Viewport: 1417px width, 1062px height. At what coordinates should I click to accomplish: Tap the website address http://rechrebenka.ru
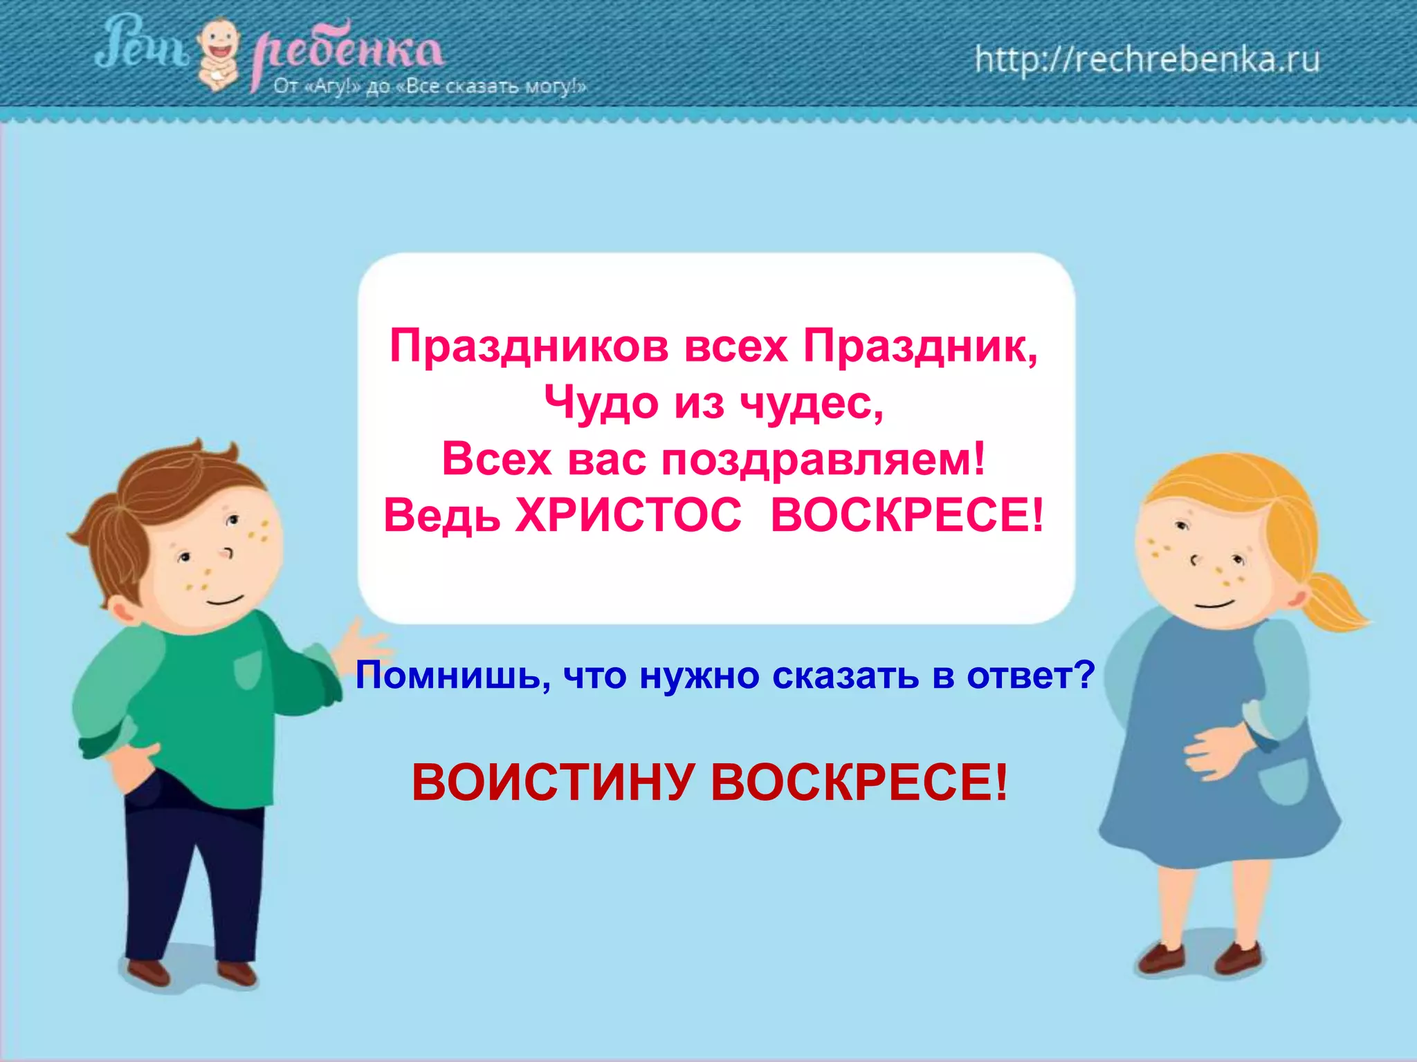pos(1147,59)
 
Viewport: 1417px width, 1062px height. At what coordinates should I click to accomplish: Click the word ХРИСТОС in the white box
pos(628,516)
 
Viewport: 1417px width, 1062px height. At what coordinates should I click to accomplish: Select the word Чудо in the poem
pos(601,402)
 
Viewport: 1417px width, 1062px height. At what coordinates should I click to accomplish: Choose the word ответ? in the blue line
pos(1031,676)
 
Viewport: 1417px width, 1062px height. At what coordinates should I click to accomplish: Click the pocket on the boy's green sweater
pos(247,669)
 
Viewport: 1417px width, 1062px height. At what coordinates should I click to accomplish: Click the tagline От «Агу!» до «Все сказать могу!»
pos(429,87)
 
